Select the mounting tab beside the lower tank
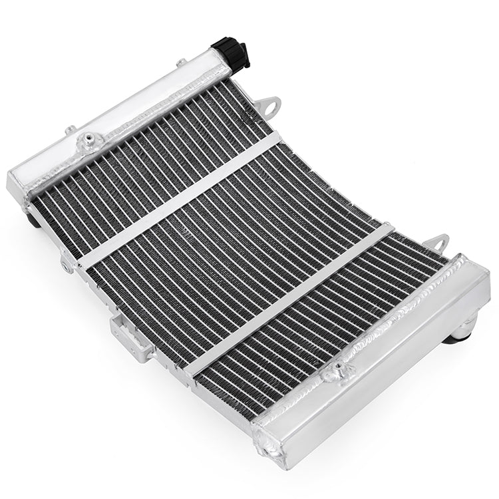point(437,243)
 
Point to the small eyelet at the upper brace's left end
point(67,265)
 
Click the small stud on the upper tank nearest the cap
point(181,63)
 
